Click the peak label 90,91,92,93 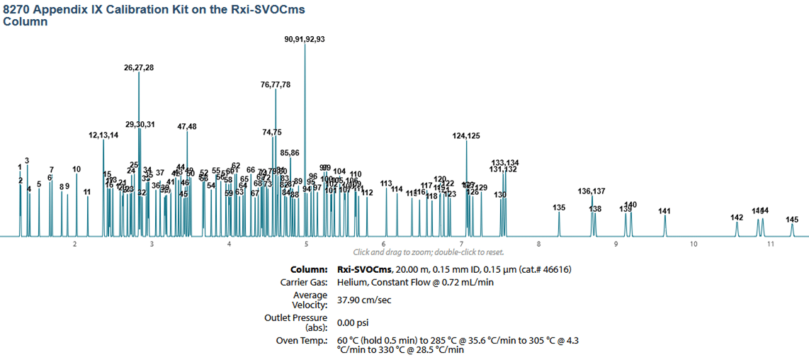tap(305, 40)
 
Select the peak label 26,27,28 tap(139, 68)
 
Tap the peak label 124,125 tap(466, 135)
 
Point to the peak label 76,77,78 tap(276, 84)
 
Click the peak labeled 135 tap(559, 208)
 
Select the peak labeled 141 tap(664, 211)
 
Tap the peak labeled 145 tap(792, 220)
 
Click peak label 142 tap(737, 218)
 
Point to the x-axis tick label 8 tap(538, 244)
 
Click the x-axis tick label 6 tap(384, 244)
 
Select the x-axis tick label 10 tap(694, 244)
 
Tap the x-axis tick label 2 tap(74, 244)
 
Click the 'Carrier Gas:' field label tap(304, 282)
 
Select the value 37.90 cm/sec tap(364, 300)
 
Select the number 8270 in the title tap(18, 9)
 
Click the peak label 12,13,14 tap(103, 135)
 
